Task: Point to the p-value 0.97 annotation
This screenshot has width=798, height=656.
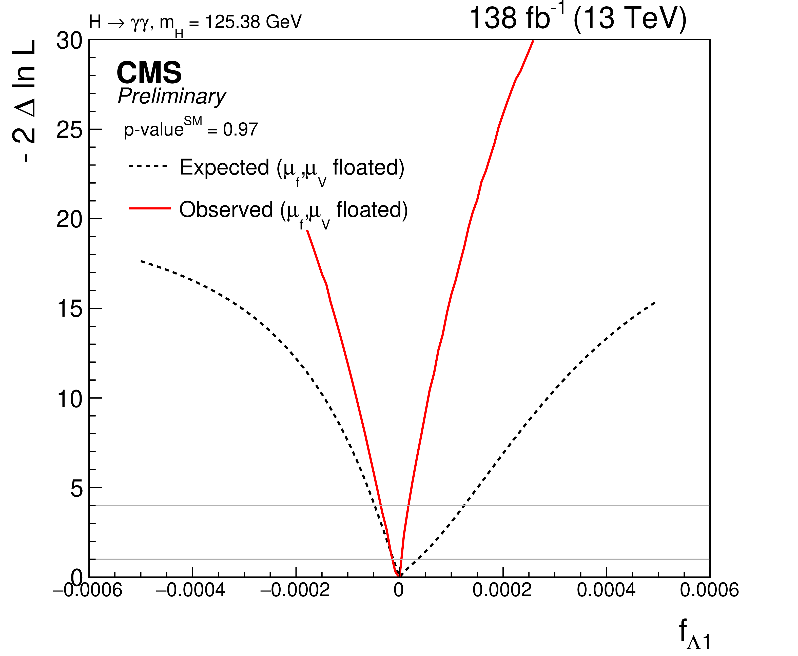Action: pyautogui.click(x=191, y=129)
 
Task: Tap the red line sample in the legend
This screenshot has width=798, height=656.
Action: pyautogui.click(x=150, y=208)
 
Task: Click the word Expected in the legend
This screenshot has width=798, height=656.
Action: pyautogui.click(x=224, y=167)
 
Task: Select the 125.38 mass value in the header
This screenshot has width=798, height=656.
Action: pyautogui.click(x=232, y=22)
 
